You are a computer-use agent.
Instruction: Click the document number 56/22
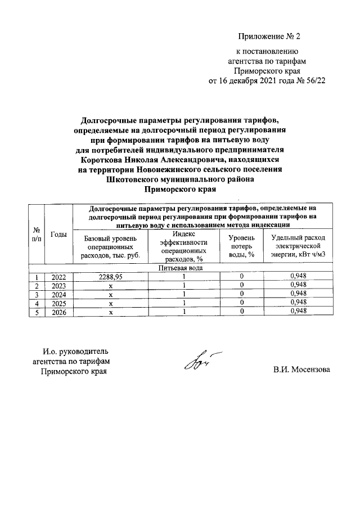coord(313,82)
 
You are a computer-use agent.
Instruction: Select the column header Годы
coord(58,234)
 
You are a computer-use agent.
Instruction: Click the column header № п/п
coord(37,235)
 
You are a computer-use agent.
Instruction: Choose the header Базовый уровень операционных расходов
coord(110,246)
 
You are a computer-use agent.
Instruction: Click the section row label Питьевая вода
coord(180,268)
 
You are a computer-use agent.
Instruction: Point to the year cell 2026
coord(58,312)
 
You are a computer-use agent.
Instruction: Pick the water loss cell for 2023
coord(242,285)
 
